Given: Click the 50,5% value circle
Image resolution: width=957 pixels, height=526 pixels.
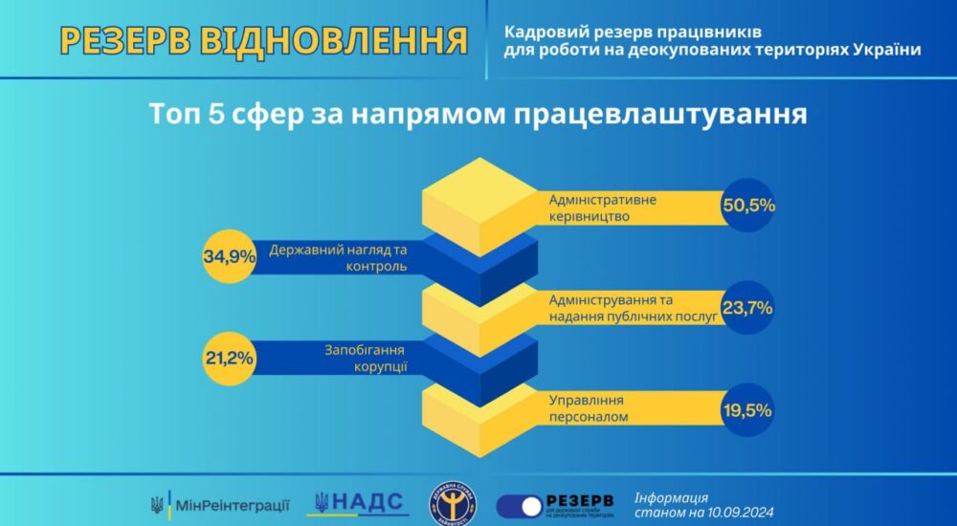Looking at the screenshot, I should [x=748, y=206].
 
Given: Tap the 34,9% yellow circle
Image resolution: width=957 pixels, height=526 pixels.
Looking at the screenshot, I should [x=229, y=256].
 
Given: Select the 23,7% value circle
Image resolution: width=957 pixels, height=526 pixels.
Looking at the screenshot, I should [x=748, y=308].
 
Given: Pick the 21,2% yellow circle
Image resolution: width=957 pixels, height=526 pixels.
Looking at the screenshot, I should [x=229, y=359].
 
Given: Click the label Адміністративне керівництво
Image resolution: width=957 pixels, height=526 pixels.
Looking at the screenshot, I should [x=602, y=208].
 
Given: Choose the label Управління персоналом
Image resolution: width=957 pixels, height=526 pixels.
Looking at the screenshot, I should [x=588, y=411].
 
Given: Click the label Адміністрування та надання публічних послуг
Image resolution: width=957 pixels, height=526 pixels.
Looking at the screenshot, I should [x=633, y=309].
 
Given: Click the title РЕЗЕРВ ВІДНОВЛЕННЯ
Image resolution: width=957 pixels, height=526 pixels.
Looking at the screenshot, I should [x=263, y=41].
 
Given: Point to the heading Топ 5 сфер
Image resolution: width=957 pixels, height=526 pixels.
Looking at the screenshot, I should [x=478, y=113].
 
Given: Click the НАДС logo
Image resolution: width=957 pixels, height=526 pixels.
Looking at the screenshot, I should [x=361, y=502].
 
